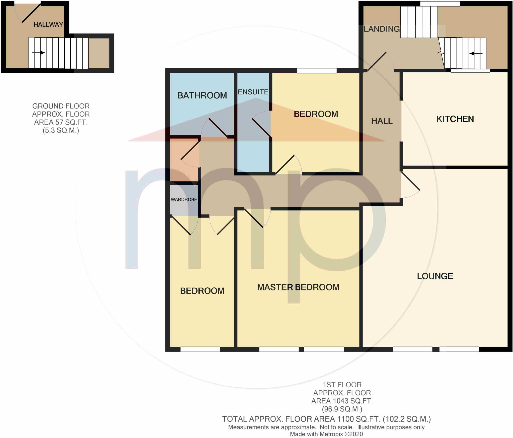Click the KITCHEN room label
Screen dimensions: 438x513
(x=455, y=119)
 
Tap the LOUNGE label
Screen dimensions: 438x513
(x=435, y=276)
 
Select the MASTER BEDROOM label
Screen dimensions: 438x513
(x=298, y=287)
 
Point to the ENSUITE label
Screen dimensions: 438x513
(x=253, y=92)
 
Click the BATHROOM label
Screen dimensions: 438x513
(x=202, y=95)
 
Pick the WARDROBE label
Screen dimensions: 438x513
(x=184, y=199)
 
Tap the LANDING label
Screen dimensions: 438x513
(x=381, y=29)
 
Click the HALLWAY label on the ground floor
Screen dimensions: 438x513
(x=48, y=25)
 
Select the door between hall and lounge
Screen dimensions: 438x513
(x=410, y=181)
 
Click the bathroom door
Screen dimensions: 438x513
(x=218, y=128)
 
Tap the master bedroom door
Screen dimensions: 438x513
(x=253, y=218)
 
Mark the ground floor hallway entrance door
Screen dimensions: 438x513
(x=31, y=13)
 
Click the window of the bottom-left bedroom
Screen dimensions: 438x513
(x=200, y=349)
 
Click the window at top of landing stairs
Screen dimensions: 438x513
(x=440, y=4)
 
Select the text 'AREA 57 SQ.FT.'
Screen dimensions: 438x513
(x=61, y=122)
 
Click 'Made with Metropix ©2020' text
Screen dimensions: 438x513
(x=326, y=434)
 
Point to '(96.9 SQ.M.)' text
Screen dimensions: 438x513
(x=342, y=409)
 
